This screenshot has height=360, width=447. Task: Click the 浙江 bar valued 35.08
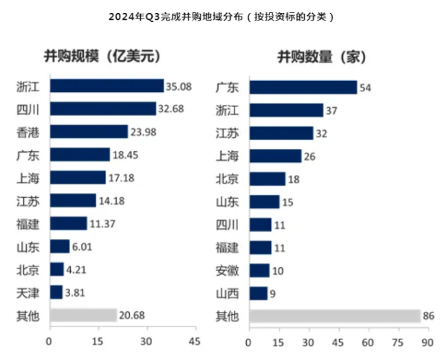(x=107, y=86)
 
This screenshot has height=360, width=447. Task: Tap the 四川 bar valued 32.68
(x=103, y=109)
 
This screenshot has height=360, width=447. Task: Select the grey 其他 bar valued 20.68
(x=83, y=315)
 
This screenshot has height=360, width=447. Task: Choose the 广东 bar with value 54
(x=303, y=87)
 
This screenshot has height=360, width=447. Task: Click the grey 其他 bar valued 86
(x=334, y=316)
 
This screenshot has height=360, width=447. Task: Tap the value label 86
(x=430, y=316)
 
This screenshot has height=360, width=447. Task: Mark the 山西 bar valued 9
(x=258, y=293)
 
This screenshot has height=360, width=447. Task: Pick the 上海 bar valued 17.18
(x=78, y=177)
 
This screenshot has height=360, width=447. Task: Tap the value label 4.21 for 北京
(x=78, y=269)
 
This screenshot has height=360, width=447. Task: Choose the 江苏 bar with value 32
(x=281, y=133)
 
